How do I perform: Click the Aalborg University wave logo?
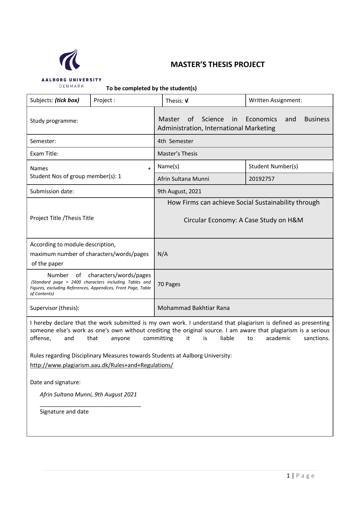coord(70,60)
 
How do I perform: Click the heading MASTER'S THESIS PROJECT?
coord(218,64)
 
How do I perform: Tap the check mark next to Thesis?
coord(187,101)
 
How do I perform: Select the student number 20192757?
coord(261,179)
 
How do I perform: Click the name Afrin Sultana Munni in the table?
coord(183,179)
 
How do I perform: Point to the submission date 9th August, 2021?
coord(179,191)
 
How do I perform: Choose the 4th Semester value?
coord(175,141)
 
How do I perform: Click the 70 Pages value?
coord(169,284)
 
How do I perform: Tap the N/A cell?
coord(162,254)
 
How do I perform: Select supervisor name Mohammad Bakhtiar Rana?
coord(193,308)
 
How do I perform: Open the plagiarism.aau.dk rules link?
coord(102,365)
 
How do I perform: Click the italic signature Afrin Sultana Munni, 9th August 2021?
coord(88,394)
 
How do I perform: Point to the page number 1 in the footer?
coord(288,476)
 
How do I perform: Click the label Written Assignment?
coord(275,100)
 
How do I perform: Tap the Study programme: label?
coord(54,121)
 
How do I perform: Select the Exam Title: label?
coord(44,154)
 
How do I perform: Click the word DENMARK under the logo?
coord(71,86)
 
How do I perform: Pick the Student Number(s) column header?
coord(273,166)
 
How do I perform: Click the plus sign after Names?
coord(149,169)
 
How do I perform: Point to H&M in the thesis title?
coord(295,220)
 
